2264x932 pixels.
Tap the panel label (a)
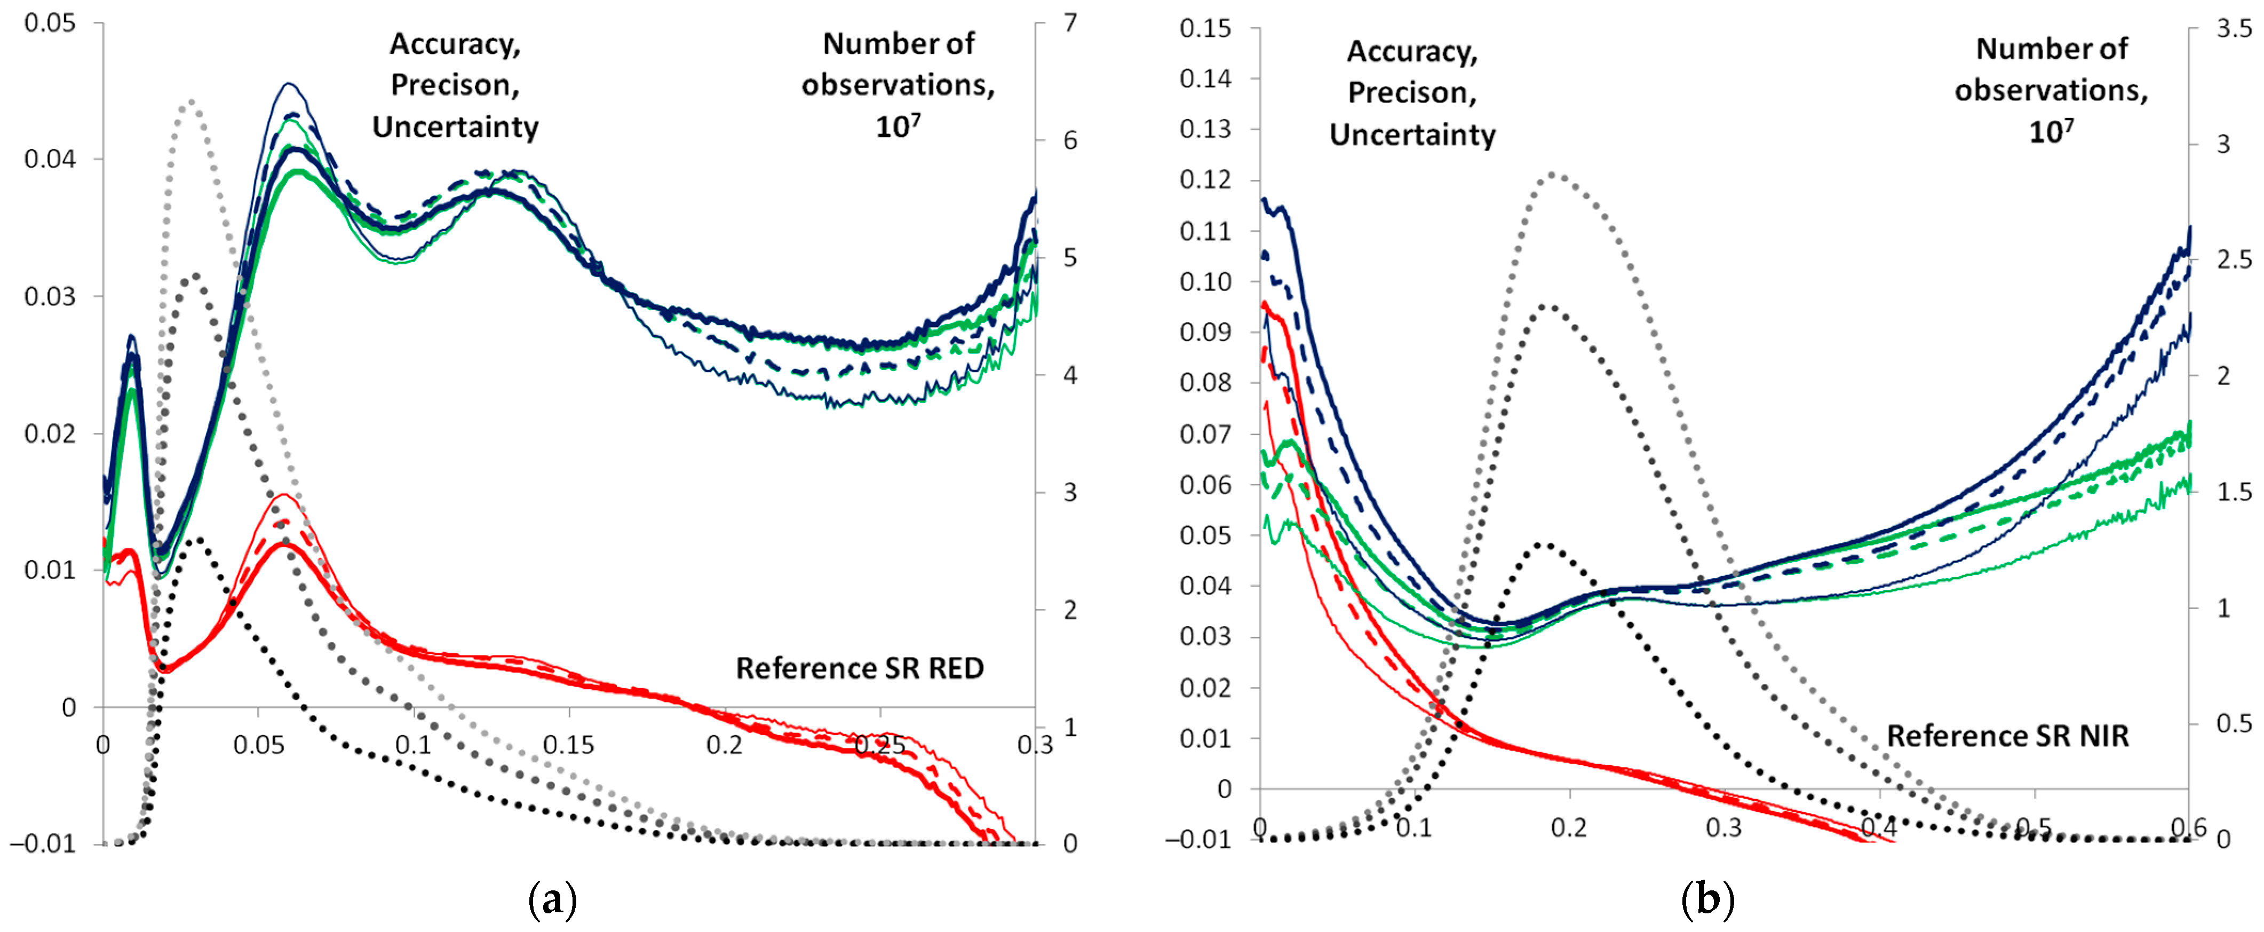[553, 901]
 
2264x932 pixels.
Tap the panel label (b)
[1707, 901]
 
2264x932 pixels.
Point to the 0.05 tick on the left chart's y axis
[50, 23]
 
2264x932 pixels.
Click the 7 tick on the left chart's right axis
[1070, 23]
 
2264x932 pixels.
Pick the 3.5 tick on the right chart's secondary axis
[2233, 28]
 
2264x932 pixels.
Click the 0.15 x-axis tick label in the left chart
[569, 746]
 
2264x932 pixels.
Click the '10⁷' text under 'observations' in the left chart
[897, 127]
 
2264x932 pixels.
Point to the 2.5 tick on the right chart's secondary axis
[2233, 260]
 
